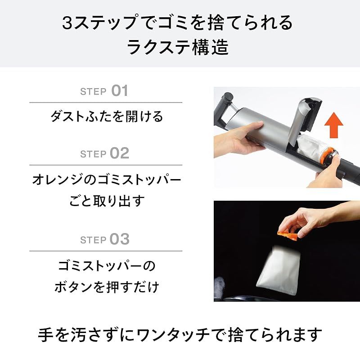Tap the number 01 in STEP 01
click(119, 91)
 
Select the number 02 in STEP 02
click(119, 153)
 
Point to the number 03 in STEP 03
click(119, 239)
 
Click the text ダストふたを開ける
click(106, 117)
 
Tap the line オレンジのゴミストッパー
click(106, 180)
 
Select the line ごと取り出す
click(106, 201)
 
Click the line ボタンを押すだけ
click(106, 287)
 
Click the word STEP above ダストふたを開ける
click(93, 92)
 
